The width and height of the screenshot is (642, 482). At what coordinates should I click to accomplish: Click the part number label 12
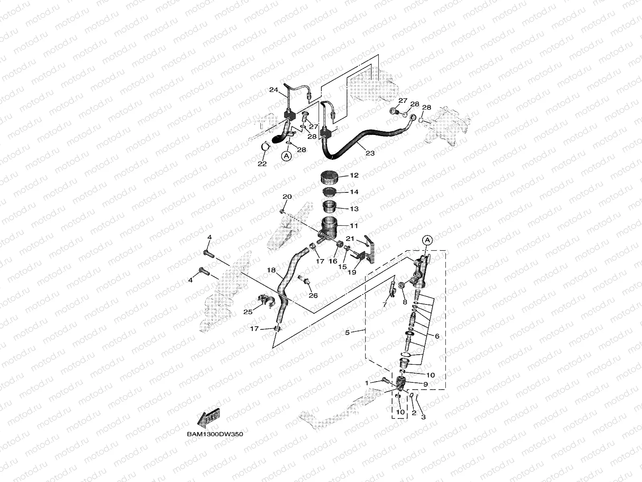[x=354, y=176]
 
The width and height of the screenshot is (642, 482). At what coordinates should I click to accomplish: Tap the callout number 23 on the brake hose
[x=370, y=153]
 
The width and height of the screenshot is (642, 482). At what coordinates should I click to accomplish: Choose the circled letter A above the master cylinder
[x=428, y=240]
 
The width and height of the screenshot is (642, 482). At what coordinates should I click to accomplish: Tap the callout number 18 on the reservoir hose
[x=272, y=270]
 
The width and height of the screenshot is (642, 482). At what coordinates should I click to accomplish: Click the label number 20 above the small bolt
[x=287, y=197]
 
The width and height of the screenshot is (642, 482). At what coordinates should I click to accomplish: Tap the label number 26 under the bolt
[x=313, y=296]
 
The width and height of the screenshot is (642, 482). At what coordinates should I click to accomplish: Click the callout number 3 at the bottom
[x=423, y=417]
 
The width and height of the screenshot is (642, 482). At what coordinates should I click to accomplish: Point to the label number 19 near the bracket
[x=352, y=272]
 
